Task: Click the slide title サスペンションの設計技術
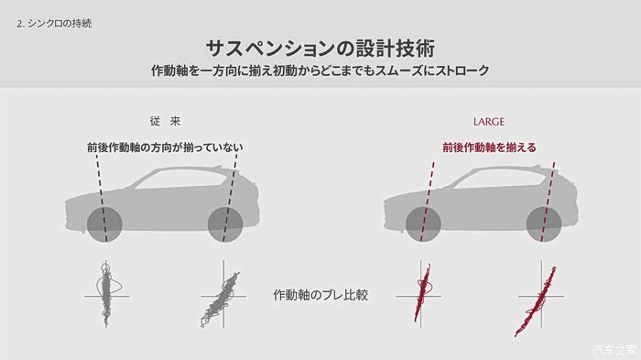point(320,49)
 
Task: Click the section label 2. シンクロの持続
point(54,23)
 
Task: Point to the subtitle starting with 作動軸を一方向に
point(320,71)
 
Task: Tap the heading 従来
point(165,121)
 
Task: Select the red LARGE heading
point(488,122)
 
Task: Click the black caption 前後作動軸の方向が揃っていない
point(165,147)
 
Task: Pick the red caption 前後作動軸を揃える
point(489,147)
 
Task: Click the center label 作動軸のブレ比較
point(320,295)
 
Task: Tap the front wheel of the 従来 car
point(104,224)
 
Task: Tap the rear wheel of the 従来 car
point(225,224)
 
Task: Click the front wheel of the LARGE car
point(423,224)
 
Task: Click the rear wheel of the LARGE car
point(544,224)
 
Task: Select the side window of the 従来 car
point(179,179)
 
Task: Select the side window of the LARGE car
point(499,179)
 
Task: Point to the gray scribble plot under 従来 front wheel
point(107,294)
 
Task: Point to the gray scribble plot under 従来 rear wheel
point(220,299)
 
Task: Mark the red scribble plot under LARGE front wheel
point(422,291)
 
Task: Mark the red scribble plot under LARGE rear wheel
point(536,301)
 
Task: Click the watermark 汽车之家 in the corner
point(615,350)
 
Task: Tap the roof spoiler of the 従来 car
point(230,169)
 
